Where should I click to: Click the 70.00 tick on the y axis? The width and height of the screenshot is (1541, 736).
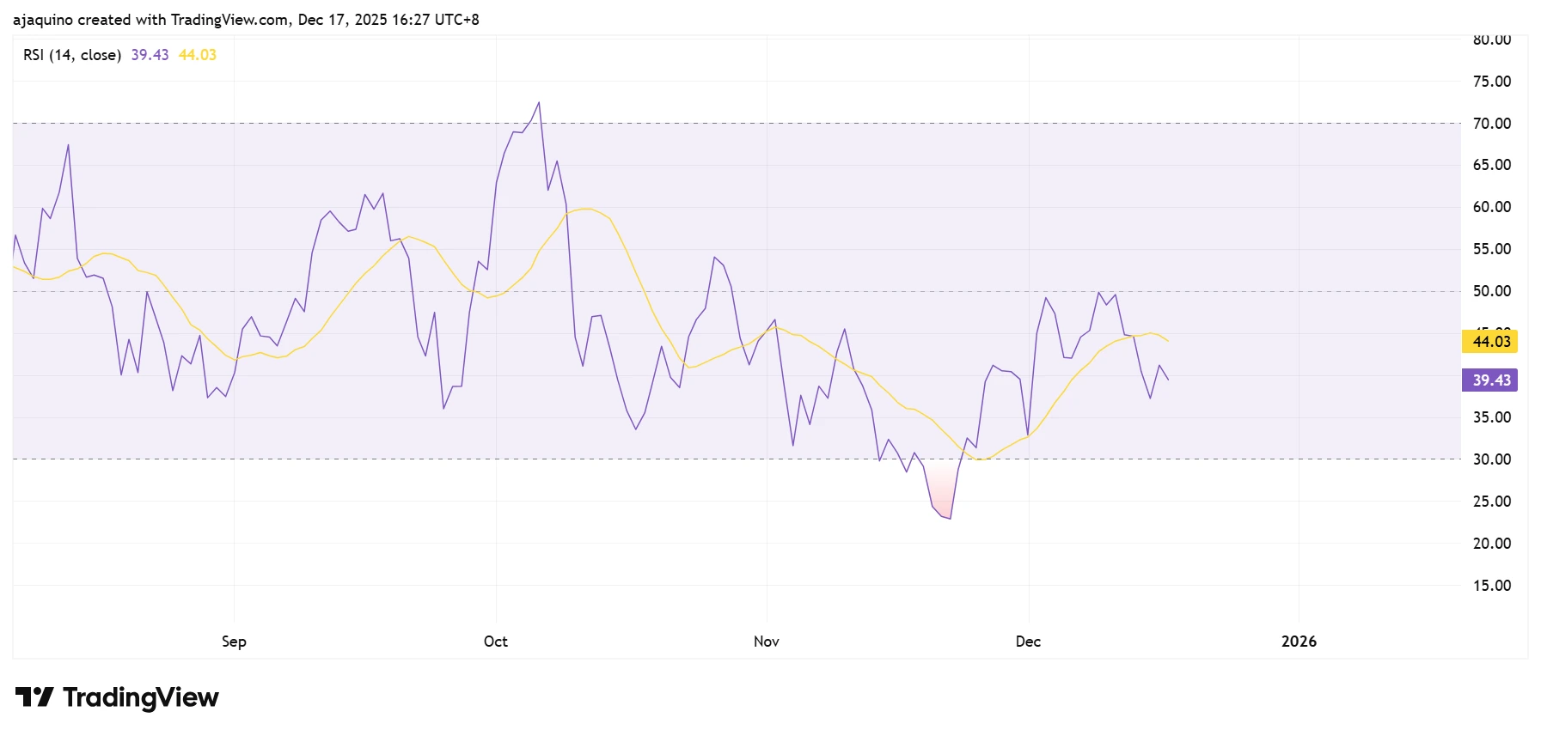(1491, 124)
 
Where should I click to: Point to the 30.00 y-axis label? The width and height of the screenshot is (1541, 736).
(1491, 459)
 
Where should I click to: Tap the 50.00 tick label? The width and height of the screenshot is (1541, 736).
(1491, 291)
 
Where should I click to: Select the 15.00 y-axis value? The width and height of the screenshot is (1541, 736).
(1491, 586)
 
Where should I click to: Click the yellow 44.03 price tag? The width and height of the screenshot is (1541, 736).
(1489, 342)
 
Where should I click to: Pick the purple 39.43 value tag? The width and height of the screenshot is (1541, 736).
(1489, 380)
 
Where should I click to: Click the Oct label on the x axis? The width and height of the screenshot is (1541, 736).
(495, 642)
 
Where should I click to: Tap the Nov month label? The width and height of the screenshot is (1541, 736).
(766, 642)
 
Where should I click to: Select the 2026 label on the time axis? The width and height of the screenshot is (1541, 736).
(1298, 642)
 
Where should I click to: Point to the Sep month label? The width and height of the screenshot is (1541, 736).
(234, 642)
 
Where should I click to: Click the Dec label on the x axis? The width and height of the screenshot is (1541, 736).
(1028, 642)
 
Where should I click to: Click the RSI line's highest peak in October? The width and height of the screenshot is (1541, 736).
(539, 103)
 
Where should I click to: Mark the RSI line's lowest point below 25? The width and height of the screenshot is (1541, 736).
(950, 518)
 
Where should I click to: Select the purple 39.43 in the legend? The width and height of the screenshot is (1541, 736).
(150, 55)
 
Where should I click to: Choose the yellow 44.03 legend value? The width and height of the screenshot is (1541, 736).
(198, 55)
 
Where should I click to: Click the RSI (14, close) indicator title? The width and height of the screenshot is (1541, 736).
(72, 55)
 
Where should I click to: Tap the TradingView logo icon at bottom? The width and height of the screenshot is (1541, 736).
(34, 696)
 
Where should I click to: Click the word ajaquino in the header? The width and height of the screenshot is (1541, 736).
(43, 20)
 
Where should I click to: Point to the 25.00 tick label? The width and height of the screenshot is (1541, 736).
(1491, 502)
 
